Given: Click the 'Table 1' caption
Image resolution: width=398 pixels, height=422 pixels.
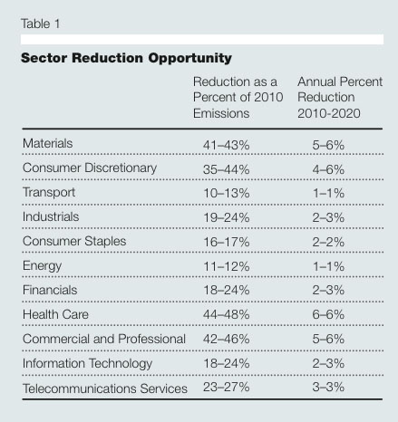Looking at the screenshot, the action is click(41, 24).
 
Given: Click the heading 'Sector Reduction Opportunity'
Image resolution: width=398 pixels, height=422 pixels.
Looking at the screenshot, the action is click(126, 58).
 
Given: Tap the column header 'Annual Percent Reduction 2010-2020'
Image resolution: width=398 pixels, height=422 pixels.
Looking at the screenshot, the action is click(340, 98).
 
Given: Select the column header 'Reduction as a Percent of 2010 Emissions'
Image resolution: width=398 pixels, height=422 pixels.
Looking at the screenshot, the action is click(238, 98).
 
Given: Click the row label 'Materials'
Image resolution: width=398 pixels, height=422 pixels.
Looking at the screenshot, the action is click(47, 143).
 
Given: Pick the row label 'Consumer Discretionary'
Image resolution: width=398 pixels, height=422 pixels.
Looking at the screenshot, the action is click(90, 168).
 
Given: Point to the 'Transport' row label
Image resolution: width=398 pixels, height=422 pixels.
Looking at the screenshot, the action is click(49, 193).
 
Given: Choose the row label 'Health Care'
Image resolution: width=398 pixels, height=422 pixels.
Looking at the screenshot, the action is click(55, 314).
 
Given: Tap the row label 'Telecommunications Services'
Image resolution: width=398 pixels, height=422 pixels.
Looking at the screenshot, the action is click(105, 388).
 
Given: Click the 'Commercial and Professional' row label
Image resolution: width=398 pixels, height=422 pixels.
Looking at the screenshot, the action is click(104, 339).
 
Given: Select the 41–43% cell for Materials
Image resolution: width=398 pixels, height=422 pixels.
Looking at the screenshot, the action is click(227, 145).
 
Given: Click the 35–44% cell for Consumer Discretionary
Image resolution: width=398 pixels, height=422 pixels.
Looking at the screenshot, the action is click(227, 169).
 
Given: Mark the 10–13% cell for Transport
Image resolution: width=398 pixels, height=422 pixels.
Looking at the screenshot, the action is click(227, 193).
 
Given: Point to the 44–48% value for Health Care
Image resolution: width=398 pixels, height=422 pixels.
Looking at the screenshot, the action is click(227, 314).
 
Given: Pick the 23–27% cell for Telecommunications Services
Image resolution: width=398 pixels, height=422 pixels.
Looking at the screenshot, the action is click(227, 387).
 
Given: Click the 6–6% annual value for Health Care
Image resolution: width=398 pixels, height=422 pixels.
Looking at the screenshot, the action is click(328, 314).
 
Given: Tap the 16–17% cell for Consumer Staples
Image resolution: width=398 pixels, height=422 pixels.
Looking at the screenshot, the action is click(227, 242).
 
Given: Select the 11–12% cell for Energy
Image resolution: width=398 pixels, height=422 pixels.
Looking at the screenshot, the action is click(227, 266).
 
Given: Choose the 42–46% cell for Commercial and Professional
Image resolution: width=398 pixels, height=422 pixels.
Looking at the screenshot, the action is click(227, 339).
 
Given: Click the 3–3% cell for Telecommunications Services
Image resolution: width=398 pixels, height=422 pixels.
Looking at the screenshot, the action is click(328, 387).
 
